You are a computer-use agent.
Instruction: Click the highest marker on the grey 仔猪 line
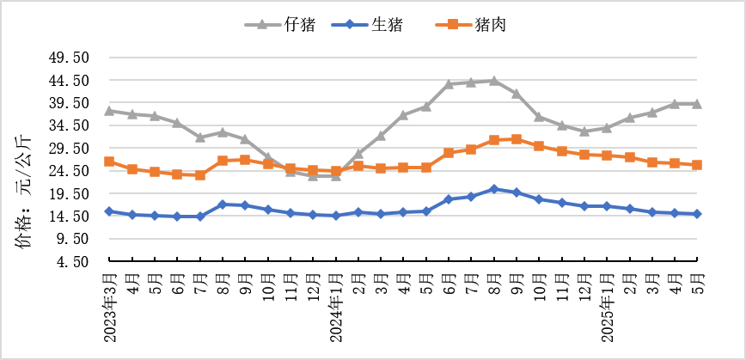click(x=494, y=81)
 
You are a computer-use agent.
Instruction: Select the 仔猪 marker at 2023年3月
click(x=110, y=111)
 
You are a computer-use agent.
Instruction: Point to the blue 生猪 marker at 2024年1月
click(x=336, y=216)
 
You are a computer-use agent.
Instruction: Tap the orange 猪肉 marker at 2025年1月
click(x=607, y=156)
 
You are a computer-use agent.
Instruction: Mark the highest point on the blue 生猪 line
click(x=494, y=189)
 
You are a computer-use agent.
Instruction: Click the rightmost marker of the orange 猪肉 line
click(x=697, y=165)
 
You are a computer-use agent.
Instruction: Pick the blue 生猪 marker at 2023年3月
click(x=110, y=211)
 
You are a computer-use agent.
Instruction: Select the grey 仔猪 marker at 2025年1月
click(x=607, y=128)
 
